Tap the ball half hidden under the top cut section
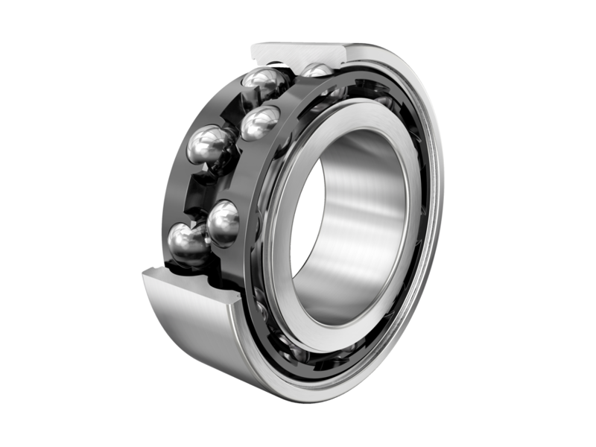click(317, 70)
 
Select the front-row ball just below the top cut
click(261, 121)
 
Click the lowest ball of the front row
click(223, 223)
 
